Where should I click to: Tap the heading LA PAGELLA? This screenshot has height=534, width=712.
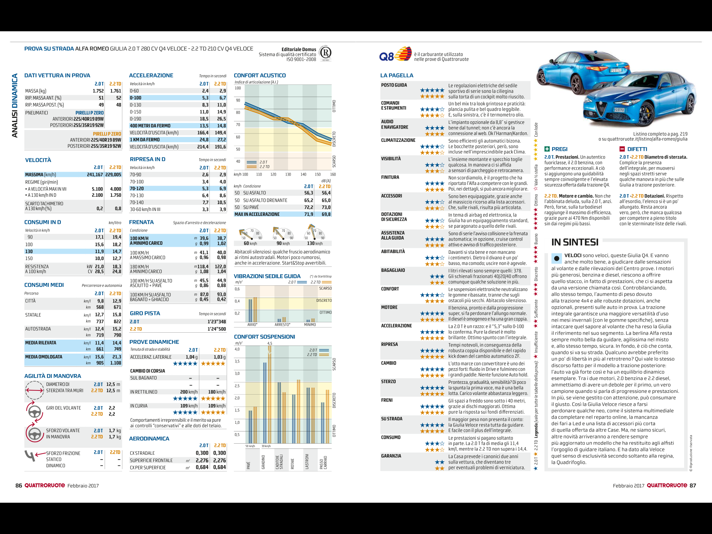point(397,75)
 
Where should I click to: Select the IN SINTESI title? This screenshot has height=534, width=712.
point(575,242)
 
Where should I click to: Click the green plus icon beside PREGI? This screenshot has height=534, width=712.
point(547,149)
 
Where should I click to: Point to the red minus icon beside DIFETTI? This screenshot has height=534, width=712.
point(622,149)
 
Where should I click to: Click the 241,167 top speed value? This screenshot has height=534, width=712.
point(95,175)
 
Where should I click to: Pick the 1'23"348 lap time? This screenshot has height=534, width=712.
point(217,322)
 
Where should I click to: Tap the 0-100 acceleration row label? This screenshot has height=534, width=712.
point(136,98)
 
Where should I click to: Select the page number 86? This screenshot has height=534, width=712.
point(18,486)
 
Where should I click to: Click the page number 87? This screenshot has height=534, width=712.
point(693,486)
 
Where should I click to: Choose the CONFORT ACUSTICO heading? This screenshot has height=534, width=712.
point(260,75)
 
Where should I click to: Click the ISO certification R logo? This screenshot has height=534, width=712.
point(325,53)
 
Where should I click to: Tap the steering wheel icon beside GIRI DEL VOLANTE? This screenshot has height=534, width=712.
point(34,412)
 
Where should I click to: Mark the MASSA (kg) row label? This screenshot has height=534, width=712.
point(36,91)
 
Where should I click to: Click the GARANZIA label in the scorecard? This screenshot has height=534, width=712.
point(391,456)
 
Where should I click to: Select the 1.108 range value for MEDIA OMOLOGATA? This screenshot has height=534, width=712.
point(116,363)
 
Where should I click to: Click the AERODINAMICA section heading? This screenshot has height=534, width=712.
point(149,439)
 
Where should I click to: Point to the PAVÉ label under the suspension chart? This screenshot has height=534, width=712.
point(249,465)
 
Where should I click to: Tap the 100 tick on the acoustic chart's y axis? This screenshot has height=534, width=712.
point(238,88)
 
